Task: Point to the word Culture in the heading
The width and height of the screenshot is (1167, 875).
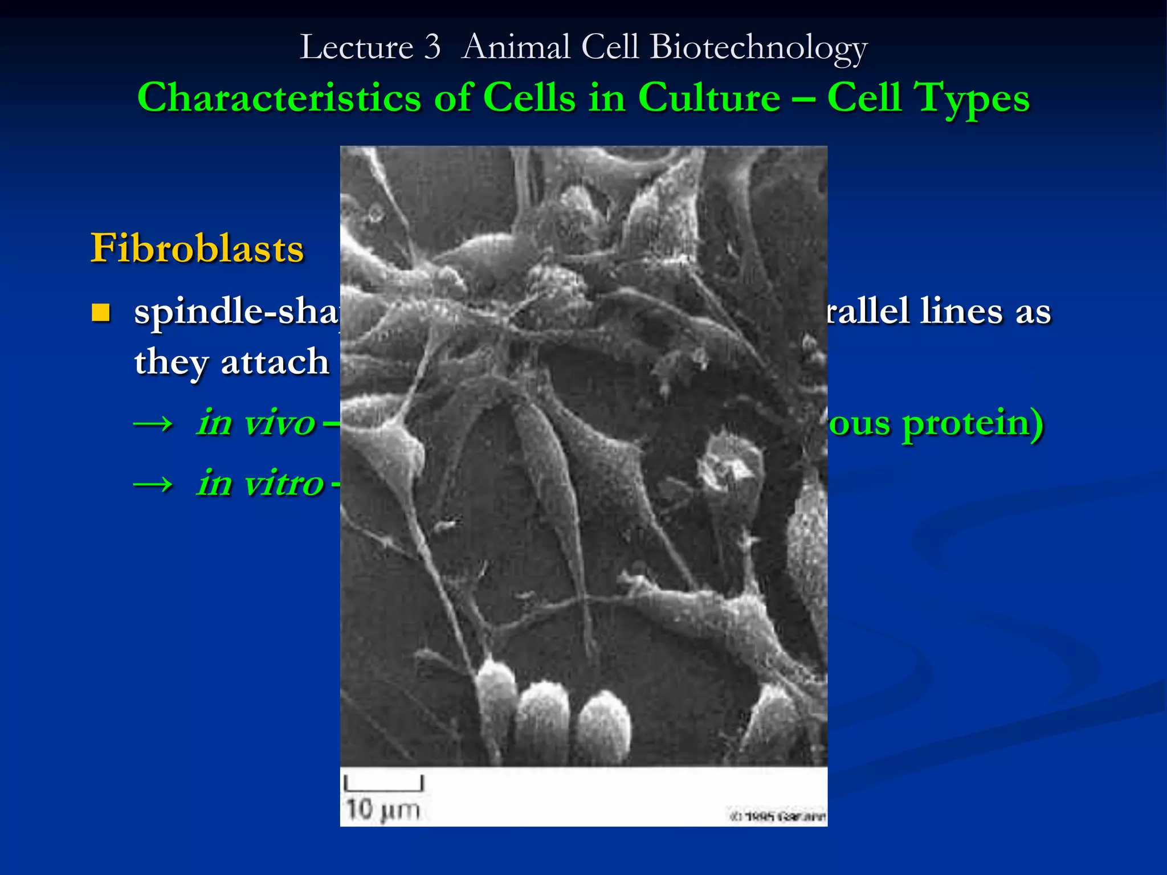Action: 709,98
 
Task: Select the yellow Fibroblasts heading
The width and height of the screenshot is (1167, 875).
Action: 197,248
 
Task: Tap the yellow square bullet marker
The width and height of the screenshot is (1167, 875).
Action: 101,313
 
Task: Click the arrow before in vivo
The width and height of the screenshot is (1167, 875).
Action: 153,423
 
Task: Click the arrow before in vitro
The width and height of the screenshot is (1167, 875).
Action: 153,484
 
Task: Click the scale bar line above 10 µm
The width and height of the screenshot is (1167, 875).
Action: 383,788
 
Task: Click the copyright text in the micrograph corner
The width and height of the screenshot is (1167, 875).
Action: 777,817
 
